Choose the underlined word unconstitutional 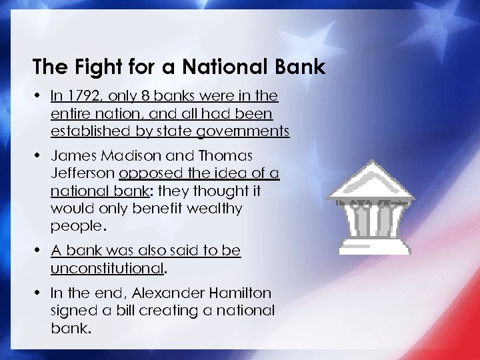107,268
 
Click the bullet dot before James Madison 38,156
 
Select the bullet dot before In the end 38,294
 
